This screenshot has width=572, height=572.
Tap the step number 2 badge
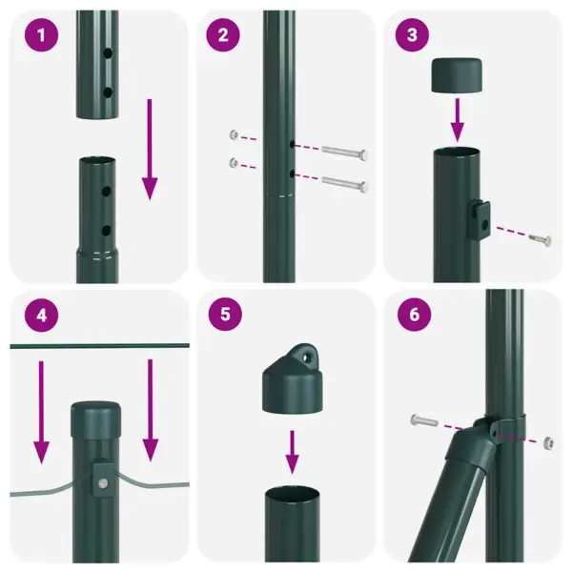(x=222, y=36)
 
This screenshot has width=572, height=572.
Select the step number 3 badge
(x=412, y=36)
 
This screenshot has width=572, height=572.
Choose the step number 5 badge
(x=222, y=314)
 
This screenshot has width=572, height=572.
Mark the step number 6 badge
(x=412, y=314)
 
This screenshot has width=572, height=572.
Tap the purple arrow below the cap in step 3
(x=457, y=116)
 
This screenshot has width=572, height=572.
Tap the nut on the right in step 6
(x=547, y=442)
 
